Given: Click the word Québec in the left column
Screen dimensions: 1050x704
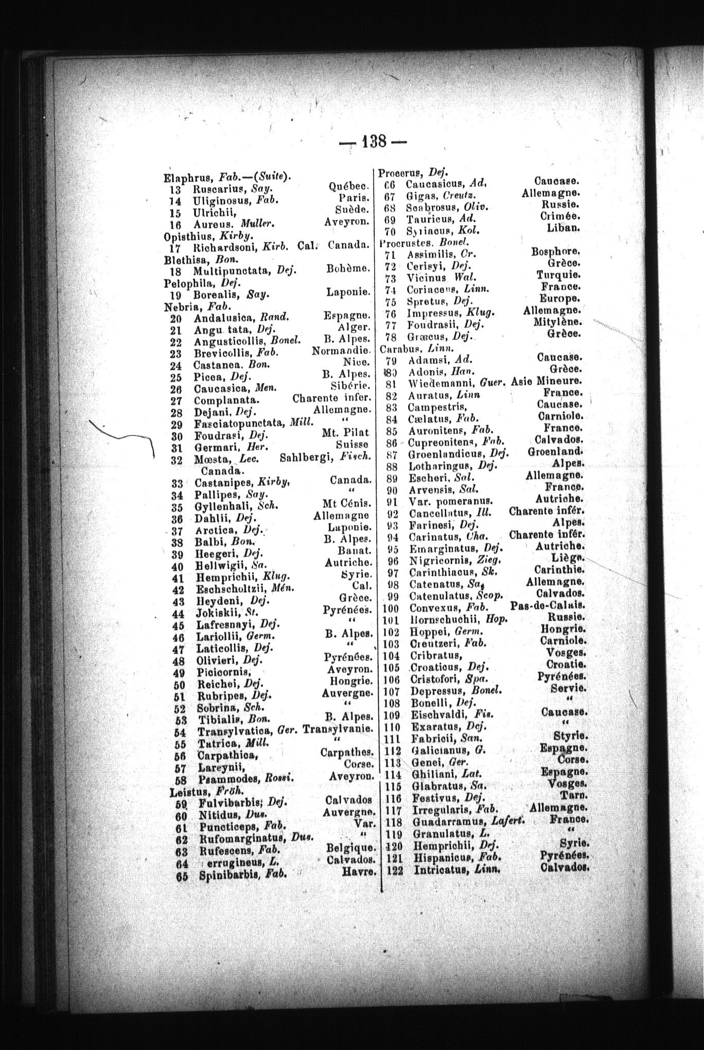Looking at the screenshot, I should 349,186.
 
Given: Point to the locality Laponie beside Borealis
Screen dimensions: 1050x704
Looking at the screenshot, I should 349,292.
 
